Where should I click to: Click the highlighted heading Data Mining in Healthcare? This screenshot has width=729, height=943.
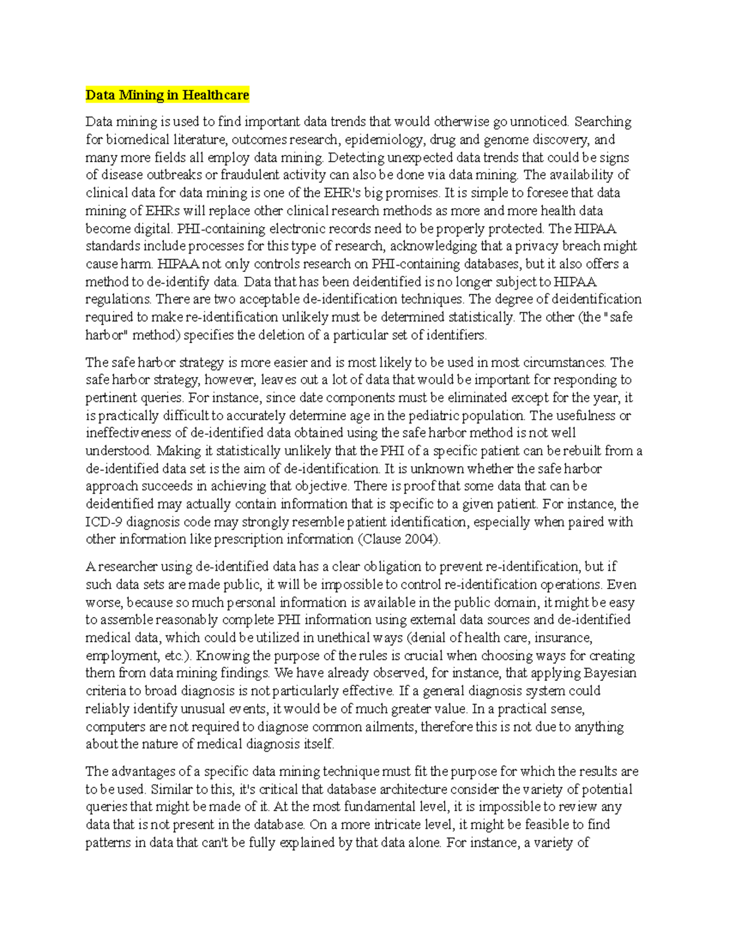click(x=167, y=95)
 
